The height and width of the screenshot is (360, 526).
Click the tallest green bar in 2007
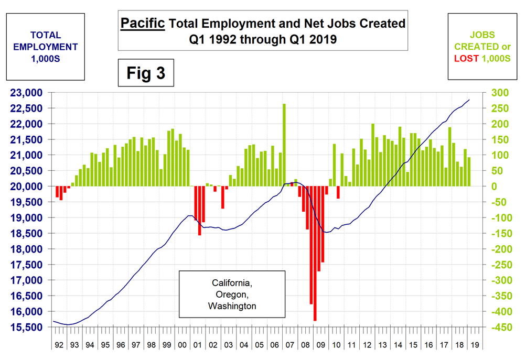(x=284, y=145)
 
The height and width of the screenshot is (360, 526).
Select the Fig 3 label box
(x=145, y=73)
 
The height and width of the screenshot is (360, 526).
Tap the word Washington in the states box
(x=232, y=306)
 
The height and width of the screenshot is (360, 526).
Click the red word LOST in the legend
(x=466, y=59)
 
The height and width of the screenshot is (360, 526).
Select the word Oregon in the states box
(x=232, y=294)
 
